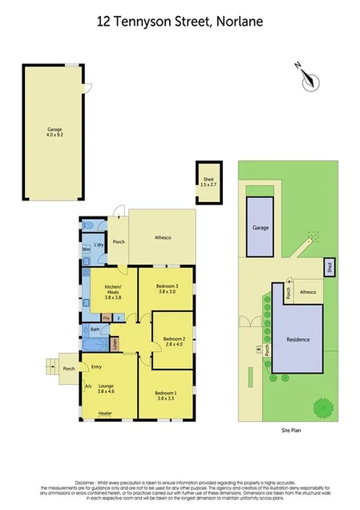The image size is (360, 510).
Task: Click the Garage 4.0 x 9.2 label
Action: [x=54, y=132]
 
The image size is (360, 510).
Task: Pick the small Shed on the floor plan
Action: [x=208, y=182]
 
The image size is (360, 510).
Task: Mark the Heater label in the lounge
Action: [x=105, y=414]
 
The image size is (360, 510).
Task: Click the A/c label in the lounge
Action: [x=87, y=387]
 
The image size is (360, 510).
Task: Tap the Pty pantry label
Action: [x=105, y=318]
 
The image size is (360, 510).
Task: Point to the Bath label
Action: [x=95, y=330]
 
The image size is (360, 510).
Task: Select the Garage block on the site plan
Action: [x=260, y=228]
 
